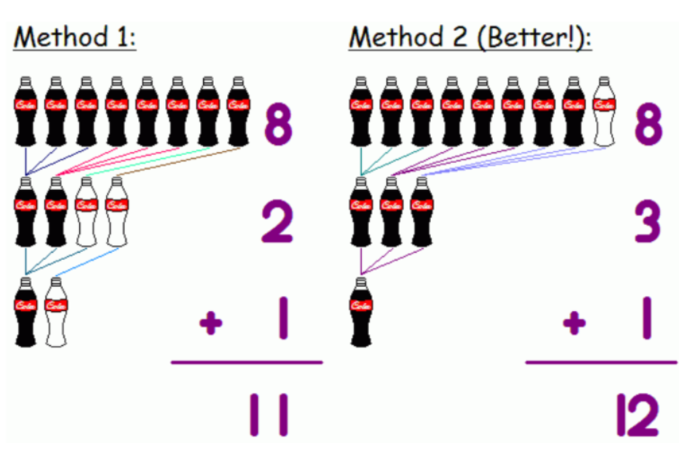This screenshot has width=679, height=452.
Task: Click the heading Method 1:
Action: tap(74, 36)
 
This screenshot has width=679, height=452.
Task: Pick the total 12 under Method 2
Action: tap(636, 415)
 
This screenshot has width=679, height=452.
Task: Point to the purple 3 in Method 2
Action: tap(645, 223)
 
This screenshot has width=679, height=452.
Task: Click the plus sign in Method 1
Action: tap(210, 323)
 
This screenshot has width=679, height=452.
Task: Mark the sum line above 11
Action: tap(246, 362)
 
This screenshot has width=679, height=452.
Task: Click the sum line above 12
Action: tap(601, 362)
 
